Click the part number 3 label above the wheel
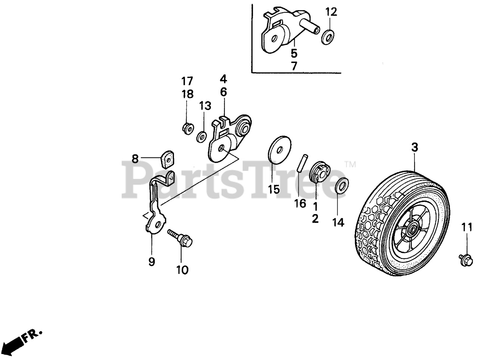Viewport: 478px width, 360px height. pos(414,148)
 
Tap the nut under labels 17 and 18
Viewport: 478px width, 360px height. pos(187,128)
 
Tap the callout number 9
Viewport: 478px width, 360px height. pos(152,262)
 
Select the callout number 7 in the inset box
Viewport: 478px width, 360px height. pos(294,66)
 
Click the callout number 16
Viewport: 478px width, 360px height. pos(300,203)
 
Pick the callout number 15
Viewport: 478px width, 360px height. pos(274,189)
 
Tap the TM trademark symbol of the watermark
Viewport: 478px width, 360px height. pos(350,164)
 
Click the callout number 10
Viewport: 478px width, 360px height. pos(183,270)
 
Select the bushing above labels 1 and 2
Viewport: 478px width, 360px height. pos(320,170)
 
